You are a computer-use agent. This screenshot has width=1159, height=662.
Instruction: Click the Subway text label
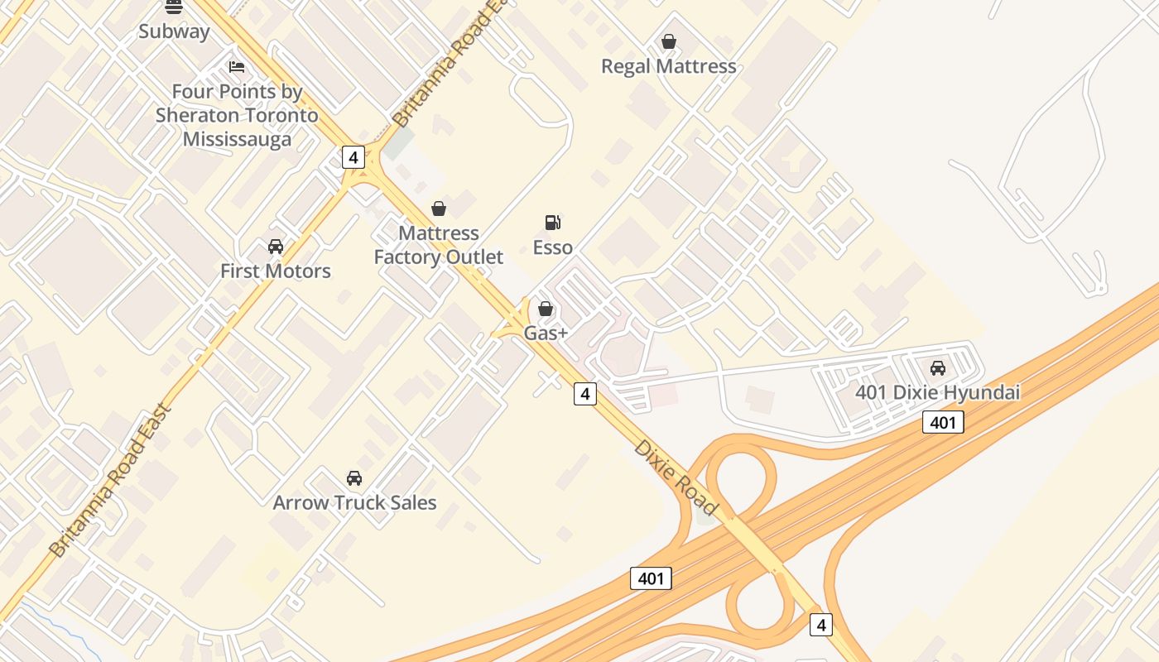[x=174, y=31]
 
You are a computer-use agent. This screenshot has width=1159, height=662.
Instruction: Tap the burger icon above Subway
[x=174, y=7]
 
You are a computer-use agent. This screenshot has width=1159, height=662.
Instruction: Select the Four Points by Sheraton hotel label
[x=237, y=115]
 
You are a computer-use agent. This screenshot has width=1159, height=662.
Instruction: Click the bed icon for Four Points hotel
[x=237, y=67]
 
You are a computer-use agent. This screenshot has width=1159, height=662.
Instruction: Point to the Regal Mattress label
[x=668, y=66]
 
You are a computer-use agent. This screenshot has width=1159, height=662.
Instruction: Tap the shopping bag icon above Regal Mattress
[x=669, y=41]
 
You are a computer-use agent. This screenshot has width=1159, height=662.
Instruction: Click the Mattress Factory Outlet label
[x=438, y=245]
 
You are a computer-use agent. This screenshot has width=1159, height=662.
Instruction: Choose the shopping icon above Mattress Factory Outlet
[x=439, y=209]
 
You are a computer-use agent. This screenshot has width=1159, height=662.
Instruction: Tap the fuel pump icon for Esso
[x=552, y=222]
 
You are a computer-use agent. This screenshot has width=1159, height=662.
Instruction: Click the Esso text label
[x=552, y=247]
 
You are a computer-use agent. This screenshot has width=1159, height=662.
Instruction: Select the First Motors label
[x=275, y=271]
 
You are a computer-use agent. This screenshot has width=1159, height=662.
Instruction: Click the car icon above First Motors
[x=276, y=247]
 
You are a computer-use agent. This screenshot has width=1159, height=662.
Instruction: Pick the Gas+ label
[x=546, y=333]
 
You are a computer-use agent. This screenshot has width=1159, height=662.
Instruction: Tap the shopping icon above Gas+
[x=546, y=309]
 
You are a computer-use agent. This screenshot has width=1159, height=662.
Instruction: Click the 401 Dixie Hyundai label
[x=937, y=392]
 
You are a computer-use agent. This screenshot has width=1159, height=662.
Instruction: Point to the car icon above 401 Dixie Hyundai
[x=938, y=368]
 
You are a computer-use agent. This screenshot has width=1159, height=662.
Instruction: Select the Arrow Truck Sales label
[x=354, y=502]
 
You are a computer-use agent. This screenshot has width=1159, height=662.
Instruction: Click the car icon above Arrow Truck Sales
[x=354, y=478]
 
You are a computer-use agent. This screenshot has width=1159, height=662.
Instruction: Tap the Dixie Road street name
[x=676, y=477]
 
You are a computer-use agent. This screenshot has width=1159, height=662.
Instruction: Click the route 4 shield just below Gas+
[x=585, y=394]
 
